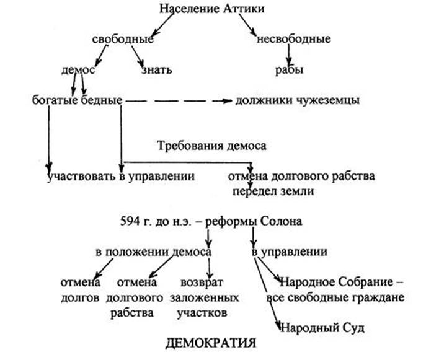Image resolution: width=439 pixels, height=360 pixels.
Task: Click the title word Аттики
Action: (x=244, y=9)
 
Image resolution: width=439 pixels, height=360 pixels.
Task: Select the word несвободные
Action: (x=294, y=39)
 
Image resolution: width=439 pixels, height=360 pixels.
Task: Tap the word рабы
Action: (x=289, y=69)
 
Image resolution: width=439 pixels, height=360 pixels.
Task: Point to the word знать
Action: (x=157, y=69)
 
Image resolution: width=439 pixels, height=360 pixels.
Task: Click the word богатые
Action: (x=55, y=100)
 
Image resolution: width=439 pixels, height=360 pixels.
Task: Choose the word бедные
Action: (x=102, y=100)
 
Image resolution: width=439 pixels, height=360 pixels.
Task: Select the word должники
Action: (x=264, y=100)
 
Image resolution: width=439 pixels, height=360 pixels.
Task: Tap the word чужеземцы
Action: (x=328, y=100)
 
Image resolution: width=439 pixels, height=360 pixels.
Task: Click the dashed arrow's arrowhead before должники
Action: (x=228, y=101)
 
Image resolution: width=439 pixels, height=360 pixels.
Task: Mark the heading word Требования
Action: (x=190, y=146)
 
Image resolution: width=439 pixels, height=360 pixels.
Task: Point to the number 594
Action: (x=130, y=222)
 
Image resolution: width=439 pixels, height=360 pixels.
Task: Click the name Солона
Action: (x=281, y=222)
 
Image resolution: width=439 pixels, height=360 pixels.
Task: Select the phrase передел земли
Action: (x=273, y=191)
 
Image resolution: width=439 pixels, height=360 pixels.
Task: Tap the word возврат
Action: (x=202, y=283)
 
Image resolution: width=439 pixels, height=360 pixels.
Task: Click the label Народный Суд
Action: (x=322, y=328)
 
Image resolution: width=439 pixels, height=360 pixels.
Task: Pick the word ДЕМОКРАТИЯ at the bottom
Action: (x=211, y=343)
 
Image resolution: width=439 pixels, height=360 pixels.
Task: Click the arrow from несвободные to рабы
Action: (x=289, y=55)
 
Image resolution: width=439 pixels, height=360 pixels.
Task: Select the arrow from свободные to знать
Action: (x=138, y=56)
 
